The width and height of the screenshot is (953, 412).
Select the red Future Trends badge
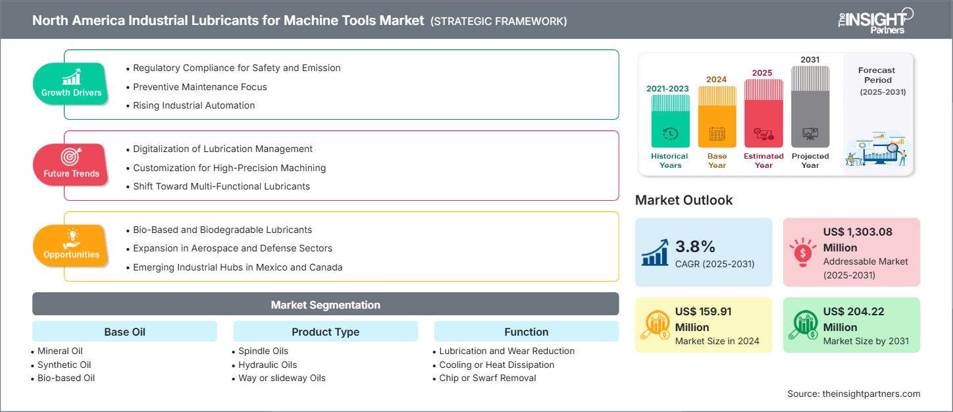pos(71,165)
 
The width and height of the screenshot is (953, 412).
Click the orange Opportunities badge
pos(71,245)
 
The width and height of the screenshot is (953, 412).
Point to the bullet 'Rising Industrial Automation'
pos(193,105)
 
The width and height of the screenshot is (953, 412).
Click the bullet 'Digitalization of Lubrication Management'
pos(222,149)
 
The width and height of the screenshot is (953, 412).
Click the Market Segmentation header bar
pos(325,305)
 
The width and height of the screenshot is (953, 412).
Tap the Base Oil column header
pos(124,332)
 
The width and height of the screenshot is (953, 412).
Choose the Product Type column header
pos(325,332)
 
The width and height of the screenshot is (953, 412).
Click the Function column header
pos(526,332)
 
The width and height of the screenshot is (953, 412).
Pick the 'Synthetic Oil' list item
pos(64,365)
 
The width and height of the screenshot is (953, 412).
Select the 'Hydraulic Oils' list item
pos(267,365)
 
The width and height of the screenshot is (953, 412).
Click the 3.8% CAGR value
pos(695,247)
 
